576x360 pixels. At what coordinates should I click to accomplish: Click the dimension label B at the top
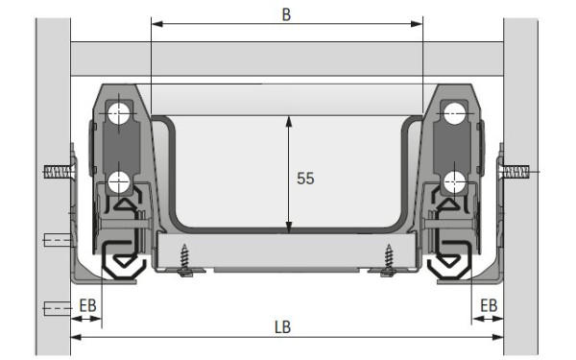pos(286,14)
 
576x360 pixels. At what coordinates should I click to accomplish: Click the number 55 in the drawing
pos(305,179)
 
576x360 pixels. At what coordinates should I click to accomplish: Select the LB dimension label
pos(283,327)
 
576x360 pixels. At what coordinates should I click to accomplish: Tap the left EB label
pos(87,305)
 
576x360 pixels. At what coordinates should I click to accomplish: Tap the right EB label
pos(489,305)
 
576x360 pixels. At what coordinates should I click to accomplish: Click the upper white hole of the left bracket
pos(119,113)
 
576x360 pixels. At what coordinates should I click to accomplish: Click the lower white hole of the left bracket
pos(119,182)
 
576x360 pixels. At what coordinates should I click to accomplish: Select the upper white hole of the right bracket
pos(455,113)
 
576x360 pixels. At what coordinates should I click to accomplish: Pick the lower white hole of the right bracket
pos(454,182)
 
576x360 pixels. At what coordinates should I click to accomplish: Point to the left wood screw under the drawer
pos(184,259)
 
